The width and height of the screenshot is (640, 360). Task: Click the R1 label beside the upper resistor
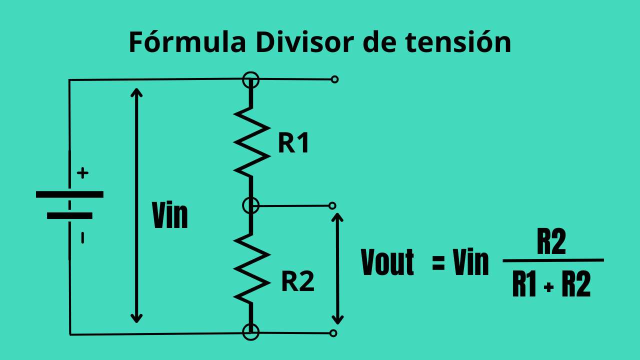(293, 143)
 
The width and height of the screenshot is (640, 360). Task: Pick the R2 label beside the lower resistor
(297, 282)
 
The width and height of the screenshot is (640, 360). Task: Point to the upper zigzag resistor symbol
(251, 140)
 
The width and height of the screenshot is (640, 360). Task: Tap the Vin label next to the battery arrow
(170, 216)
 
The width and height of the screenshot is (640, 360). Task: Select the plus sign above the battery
(83, 173)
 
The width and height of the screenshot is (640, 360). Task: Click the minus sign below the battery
(82, 238)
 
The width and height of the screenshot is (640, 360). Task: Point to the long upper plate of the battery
(69, 194)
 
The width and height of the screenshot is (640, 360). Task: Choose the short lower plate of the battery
(69, 216)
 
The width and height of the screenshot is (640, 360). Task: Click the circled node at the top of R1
(251, 79)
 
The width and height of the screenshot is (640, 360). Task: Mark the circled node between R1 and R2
(251, 205)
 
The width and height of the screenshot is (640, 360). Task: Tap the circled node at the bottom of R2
(251, 331)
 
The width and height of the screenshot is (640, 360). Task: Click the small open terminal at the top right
(334, 79)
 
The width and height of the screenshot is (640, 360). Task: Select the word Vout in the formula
(387, 263)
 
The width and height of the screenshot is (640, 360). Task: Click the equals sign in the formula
(438, 263)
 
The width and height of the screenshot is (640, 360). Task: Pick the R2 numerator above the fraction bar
(551, 243)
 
